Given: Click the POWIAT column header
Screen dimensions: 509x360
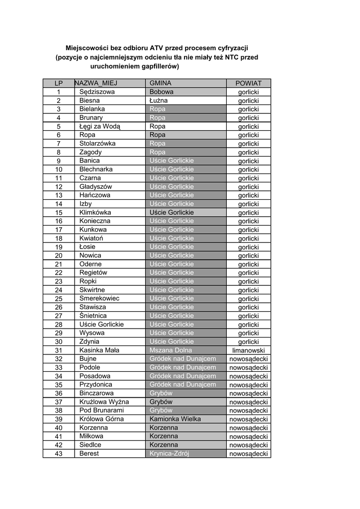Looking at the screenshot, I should click(248, 83).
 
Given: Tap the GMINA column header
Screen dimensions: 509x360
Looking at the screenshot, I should click(160, 83).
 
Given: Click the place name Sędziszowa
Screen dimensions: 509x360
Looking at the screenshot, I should click(97, 92).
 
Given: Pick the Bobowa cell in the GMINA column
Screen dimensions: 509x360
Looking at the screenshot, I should click(162, 92).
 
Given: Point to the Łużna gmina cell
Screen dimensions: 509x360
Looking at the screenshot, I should click(159, 100).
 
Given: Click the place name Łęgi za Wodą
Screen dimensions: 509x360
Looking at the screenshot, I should click(100, 126).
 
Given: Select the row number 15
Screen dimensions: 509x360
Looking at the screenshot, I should click(59, 213).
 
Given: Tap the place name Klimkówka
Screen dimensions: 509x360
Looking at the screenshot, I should click(95, 212).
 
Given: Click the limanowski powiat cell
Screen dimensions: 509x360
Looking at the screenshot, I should click(248, 350).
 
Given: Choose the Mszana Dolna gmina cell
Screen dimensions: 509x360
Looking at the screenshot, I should click(170, 350).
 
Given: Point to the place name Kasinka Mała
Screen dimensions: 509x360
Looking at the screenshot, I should click(99, 350).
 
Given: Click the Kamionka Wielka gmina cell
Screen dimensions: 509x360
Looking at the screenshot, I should click(175, 419).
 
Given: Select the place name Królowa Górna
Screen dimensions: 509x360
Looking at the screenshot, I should click(101, 419).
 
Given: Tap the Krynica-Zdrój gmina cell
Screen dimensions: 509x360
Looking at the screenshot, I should click(170, 453).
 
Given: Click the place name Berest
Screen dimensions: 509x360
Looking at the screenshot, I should click(89, 453).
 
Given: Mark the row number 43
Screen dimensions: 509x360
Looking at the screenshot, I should click(59, 454).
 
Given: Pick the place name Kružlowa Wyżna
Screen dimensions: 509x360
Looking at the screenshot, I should click(104, 402).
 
